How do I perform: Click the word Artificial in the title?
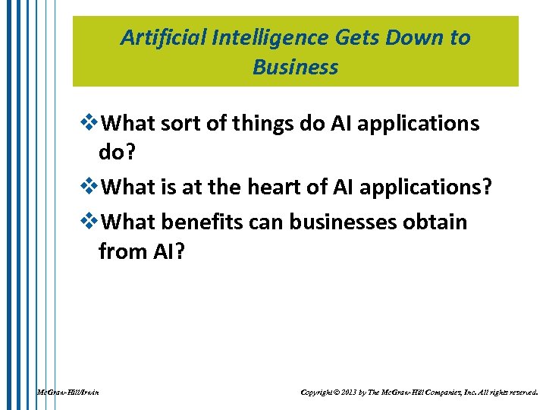pos(155,38)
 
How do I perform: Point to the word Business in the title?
pos(296,68)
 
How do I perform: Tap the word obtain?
pos(437,222)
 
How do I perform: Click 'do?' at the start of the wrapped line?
pos(116,153)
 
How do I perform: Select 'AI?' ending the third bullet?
pos(167,251)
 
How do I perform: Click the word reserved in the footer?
pos(522,393)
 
